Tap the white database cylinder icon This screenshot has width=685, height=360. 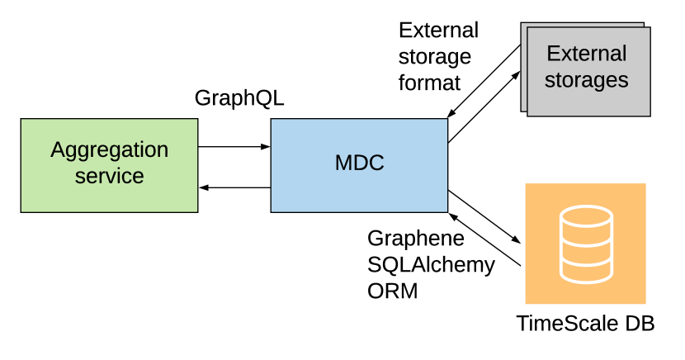click(x=585, y=244)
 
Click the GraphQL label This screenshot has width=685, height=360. click(x=239, y=98)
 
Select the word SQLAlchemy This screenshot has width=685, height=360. click(x=431, y=264)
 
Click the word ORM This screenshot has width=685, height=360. click(x=393, y=291)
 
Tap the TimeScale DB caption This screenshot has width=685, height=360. click(x=585, y=324)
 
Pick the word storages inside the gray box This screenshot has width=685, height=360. click(x=586, y=80)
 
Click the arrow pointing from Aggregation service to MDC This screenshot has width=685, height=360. click(x=234, y=147)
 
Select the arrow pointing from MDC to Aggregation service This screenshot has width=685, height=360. click(x=234, y=188)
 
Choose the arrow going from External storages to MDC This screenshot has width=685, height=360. click(x=484, y=81)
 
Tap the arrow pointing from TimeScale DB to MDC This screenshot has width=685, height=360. click(x=485, y=239)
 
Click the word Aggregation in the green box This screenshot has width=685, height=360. click(x=109, y=149)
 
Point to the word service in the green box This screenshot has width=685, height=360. click(x=109, y=176)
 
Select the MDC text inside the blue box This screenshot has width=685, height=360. click(x=359, y=163)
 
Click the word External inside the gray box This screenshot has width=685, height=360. click(x=586, y=54)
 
